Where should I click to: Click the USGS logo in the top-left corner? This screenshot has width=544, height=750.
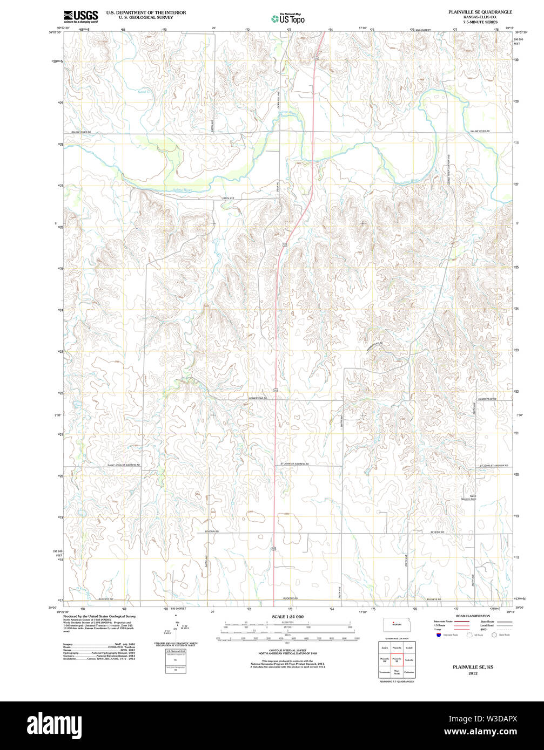pyautogui.click(x=81, y=16)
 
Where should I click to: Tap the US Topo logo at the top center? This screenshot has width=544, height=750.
pyautogui.click(x=288, y=19)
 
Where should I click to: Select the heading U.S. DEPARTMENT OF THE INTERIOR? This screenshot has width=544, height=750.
pyautogui.click(x=146, y=12)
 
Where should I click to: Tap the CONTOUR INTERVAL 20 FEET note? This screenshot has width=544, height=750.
pyautogui.click(x=287, y=650)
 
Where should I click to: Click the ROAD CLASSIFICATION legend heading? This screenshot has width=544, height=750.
pyautogui.click(x=473, y=616)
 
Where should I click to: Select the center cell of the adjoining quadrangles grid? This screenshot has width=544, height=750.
pyautogui.click(x=397, y=659)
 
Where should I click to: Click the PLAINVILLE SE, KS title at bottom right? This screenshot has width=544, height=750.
pyautogui.click(x=473, y=667)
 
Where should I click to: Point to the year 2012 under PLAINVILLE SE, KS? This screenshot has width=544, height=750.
pyautogui.click(x=473, y=673)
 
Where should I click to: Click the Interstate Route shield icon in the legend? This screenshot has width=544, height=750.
pyautogui.click(x=437, y=635)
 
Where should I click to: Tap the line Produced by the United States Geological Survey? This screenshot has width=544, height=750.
pyautogui.click(x=99, y=616)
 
